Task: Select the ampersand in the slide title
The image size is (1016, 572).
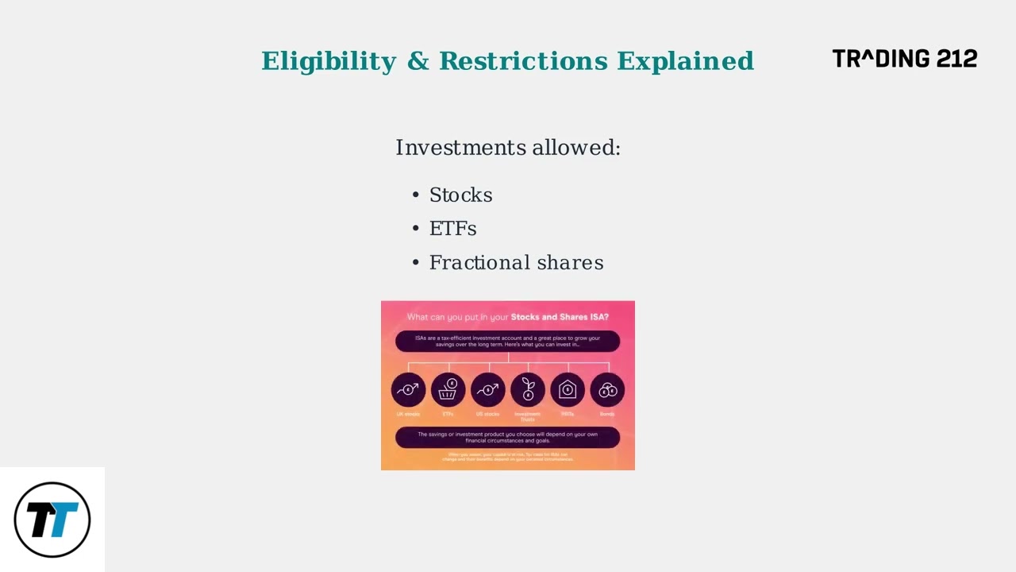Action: pos(418,61)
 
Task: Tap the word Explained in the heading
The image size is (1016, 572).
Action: pos(685,61)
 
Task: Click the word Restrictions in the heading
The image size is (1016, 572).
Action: pos(524,61)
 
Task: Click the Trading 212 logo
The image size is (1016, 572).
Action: pos(904,59)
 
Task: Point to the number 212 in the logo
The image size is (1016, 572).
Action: pos(956,59)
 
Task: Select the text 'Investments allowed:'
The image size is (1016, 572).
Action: pos(508,148)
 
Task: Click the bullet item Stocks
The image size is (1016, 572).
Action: pos(460,195)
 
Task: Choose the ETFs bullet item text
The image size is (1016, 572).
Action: pos(452,229)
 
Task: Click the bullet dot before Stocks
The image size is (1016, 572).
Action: pos(416,195)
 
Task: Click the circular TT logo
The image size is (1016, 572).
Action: pos(52,520)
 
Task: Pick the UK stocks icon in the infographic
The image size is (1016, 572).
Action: pos(408,390)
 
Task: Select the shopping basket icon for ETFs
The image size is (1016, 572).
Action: pos(448,390)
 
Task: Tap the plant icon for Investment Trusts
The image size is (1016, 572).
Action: pos(528,390)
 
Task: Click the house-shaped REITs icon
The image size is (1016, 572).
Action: pos(568,390)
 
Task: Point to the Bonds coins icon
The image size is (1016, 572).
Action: pos(607,390)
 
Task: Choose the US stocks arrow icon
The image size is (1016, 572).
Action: pos(488,390)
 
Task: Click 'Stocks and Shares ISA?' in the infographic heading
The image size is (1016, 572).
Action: pos(560,317)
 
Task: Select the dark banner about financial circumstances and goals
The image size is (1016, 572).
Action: pos(507,437)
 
